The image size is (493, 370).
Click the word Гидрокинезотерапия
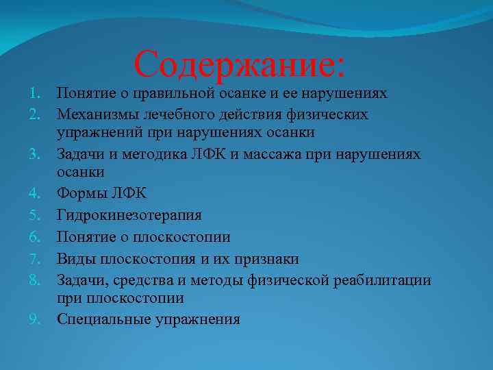(x=129, y=216)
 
